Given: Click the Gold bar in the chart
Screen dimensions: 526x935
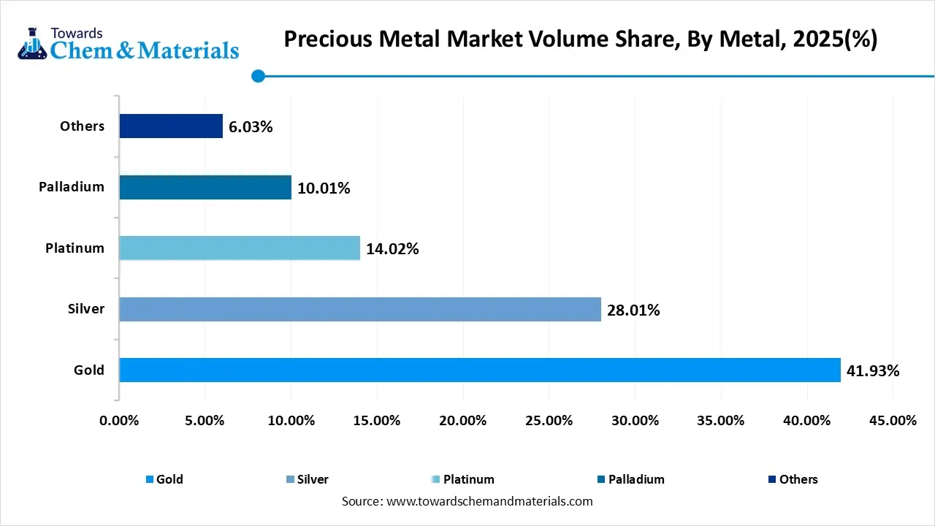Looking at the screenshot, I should [x=479, y=370].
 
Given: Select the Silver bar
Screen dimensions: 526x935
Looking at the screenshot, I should [x=359, y=309].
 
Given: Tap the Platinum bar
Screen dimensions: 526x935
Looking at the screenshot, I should [x=240, y=248].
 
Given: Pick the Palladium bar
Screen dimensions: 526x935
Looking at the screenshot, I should [x=205, y=187].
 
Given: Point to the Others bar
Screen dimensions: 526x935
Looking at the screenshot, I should [x=171, y=126].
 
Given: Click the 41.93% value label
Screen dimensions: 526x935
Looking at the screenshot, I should [x=873, y=371].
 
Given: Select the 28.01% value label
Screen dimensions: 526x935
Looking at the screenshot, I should [x=633, y=310].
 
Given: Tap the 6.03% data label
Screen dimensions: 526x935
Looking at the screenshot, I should [x=251, y=127].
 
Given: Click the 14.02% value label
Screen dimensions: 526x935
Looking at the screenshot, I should [x=392, y=249].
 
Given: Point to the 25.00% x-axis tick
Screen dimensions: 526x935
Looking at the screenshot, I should [x=549, y=421].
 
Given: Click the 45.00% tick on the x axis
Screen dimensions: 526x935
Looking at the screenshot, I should [x=893, y=421].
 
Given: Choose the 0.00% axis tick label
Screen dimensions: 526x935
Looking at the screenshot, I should [x=119, y=421].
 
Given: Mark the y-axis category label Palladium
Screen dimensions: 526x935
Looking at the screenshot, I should [x=72, y=187].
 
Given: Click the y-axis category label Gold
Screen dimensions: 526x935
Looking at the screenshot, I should [x=89, y=370].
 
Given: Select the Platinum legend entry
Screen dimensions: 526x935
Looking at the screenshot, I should [x=468, y=479].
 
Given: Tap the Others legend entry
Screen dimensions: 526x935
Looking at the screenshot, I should [x=798, y=479].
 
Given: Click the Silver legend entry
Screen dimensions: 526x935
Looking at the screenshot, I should [x=312, y=479].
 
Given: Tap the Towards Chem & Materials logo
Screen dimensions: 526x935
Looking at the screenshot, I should [x=129, y=44].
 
